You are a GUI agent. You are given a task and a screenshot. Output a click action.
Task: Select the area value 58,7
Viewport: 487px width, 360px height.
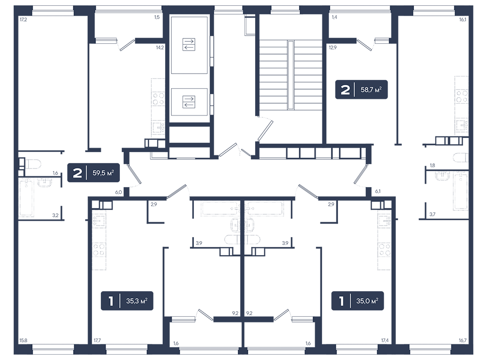[x=367, y=90]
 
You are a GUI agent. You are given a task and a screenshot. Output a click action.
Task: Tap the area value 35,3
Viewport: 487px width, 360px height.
[x=132, y=302]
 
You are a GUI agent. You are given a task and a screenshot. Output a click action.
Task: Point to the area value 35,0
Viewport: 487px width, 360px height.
[x=363, y=302]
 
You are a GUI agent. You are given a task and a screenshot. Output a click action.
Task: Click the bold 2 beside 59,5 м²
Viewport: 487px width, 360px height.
[x=77, y=173]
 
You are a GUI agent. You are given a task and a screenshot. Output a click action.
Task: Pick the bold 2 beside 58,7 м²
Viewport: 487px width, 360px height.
[x=345, y=90]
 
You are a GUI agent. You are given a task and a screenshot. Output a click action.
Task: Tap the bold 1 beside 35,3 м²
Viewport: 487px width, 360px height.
[x=111, y=302]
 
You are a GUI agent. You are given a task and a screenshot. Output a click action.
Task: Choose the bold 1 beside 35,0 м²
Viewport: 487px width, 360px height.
[x=341, y=302]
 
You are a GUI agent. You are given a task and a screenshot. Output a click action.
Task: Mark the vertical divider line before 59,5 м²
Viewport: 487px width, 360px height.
[x=87, y=173]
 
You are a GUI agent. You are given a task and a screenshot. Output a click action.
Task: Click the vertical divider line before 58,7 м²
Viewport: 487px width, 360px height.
[x=355, y=90]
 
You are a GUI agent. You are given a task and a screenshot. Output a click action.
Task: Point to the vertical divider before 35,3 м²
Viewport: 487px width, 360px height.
[x=120, y=302]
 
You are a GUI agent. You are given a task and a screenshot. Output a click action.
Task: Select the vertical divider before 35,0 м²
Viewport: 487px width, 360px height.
[x=350, y=302]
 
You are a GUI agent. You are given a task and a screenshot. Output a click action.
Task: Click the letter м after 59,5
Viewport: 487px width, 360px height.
[x=110, y=173]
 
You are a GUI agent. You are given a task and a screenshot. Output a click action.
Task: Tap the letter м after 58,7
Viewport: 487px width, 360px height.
[x=377, y=91]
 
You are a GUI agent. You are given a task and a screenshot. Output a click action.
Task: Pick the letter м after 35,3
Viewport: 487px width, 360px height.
[x=143, y=302]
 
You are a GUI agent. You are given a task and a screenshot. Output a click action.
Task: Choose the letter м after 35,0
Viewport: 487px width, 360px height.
[x=374, y=302]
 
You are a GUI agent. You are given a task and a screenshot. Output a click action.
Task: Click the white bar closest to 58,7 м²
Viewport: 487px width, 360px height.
[x=382, y=41]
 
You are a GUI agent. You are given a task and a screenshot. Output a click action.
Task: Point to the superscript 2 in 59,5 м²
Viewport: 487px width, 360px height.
[x=113, y=171]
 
